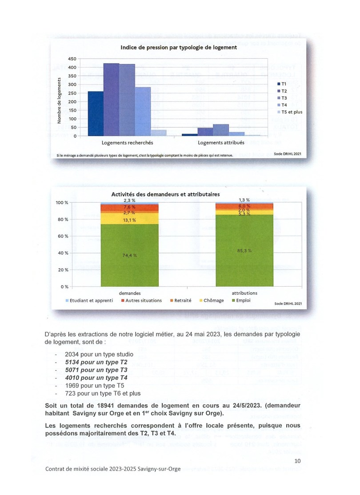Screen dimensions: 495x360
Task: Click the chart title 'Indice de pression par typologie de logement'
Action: click(x=179, y=47)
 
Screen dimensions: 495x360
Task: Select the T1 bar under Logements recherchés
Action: click(x=96, y=113)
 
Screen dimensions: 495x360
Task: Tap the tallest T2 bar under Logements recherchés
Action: click(x=111, y=100)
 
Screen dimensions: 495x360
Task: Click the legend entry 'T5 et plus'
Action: click(x=292, y=112)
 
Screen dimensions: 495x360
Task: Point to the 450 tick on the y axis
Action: click(x=72, y=59)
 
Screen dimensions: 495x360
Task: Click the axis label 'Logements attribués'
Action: click(x=220, y=143)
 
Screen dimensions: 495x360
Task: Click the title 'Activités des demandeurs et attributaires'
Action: click(x=165, y=194)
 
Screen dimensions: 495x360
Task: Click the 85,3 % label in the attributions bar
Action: click(x=244, y=251)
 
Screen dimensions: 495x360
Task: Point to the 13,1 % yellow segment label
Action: click(x=130, y=219)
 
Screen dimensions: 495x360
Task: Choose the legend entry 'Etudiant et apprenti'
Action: click(x=88, y=300)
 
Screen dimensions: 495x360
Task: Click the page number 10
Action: click(x=297, y=461)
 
